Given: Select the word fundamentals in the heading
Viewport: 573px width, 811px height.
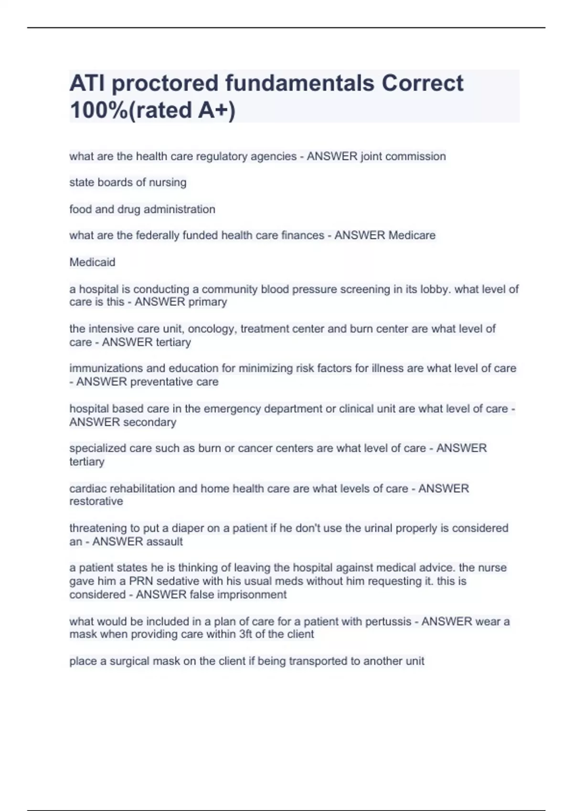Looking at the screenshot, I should tap(299, 83).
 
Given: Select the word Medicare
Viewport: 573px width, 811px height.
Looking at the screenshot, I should tap(412, 235).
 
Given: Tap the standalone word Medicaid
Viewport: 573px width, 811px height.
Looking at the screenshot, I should tap(92, 262).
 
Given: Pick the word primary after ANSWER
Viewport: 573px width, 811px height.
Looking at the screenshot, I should tap(208, 302).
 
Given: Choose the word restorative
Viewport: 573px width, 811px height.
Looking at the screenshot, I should tap(96, 501).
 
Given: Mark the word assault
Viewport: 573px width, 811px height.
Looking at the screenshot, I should tap(165, 541).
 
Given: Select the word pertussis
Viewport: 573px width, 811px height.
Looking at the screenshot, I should tap(388, 622).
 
